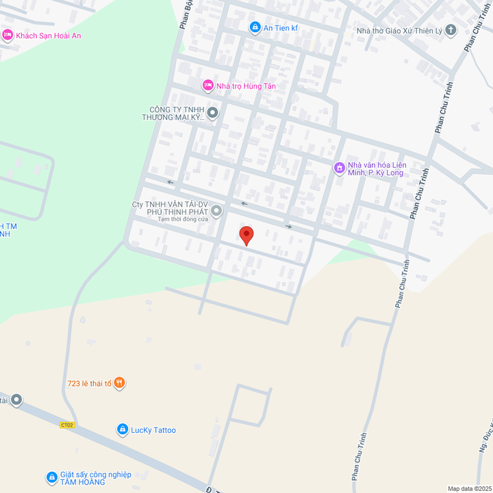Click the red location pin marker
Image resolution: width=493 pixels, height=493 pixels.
click(x=246, y=236)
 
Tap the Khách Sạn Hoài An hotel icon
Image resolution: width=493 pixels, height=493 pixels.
click(x=8, y=36)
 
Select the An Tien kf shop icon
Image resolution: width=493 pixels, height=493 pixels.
click(x=255, y=27)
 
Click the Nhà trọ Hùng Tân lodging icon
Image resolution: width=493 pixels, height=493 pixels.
click(x=208, y=86)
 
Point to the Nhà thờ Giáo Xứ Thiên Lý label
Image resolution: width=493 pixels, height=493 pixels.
click(x=400, y=30)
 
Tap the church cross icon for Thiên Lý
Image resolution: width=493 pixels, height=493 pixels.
click(x=451, y=29)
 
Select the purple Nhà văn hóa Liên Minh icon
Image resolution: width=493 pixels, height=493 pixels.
click(x=338, y=168)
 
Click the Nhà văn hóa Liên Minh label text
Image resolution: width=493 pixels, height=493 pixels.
click(x=377, y=168)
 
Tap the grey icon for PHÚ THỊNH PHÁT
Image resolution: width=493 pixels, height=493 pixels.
click(x=216, y=211)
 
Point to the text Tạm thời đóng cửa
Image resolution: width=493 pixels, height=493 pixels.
click(x=183, y=219)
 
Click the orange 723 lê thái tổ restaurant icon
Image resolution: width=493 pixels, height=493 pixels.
click(x=120, y=383)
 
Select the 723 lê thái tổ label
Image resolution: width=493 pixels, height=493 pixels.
click(x=89, y=383)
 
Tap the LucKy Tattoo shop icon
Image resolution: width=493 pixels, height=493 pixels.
click(x=122, y=430)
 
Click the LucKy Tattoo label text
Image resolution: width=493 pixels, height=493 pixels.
click(x=153, y=430)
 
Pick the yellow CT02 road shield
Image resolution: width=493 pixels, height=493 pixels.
click(x=66, y=425)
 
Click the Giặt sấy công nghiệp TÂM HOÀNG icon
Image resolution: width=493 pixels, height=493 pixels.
click(x=51, y=477)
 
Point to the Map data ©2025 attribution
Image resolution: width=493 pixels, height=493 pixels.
click(x=469, y=488)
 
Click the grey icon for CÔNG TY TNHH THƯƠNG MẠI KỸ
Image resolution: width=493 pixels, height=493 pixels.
click(x=212, y=113)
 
